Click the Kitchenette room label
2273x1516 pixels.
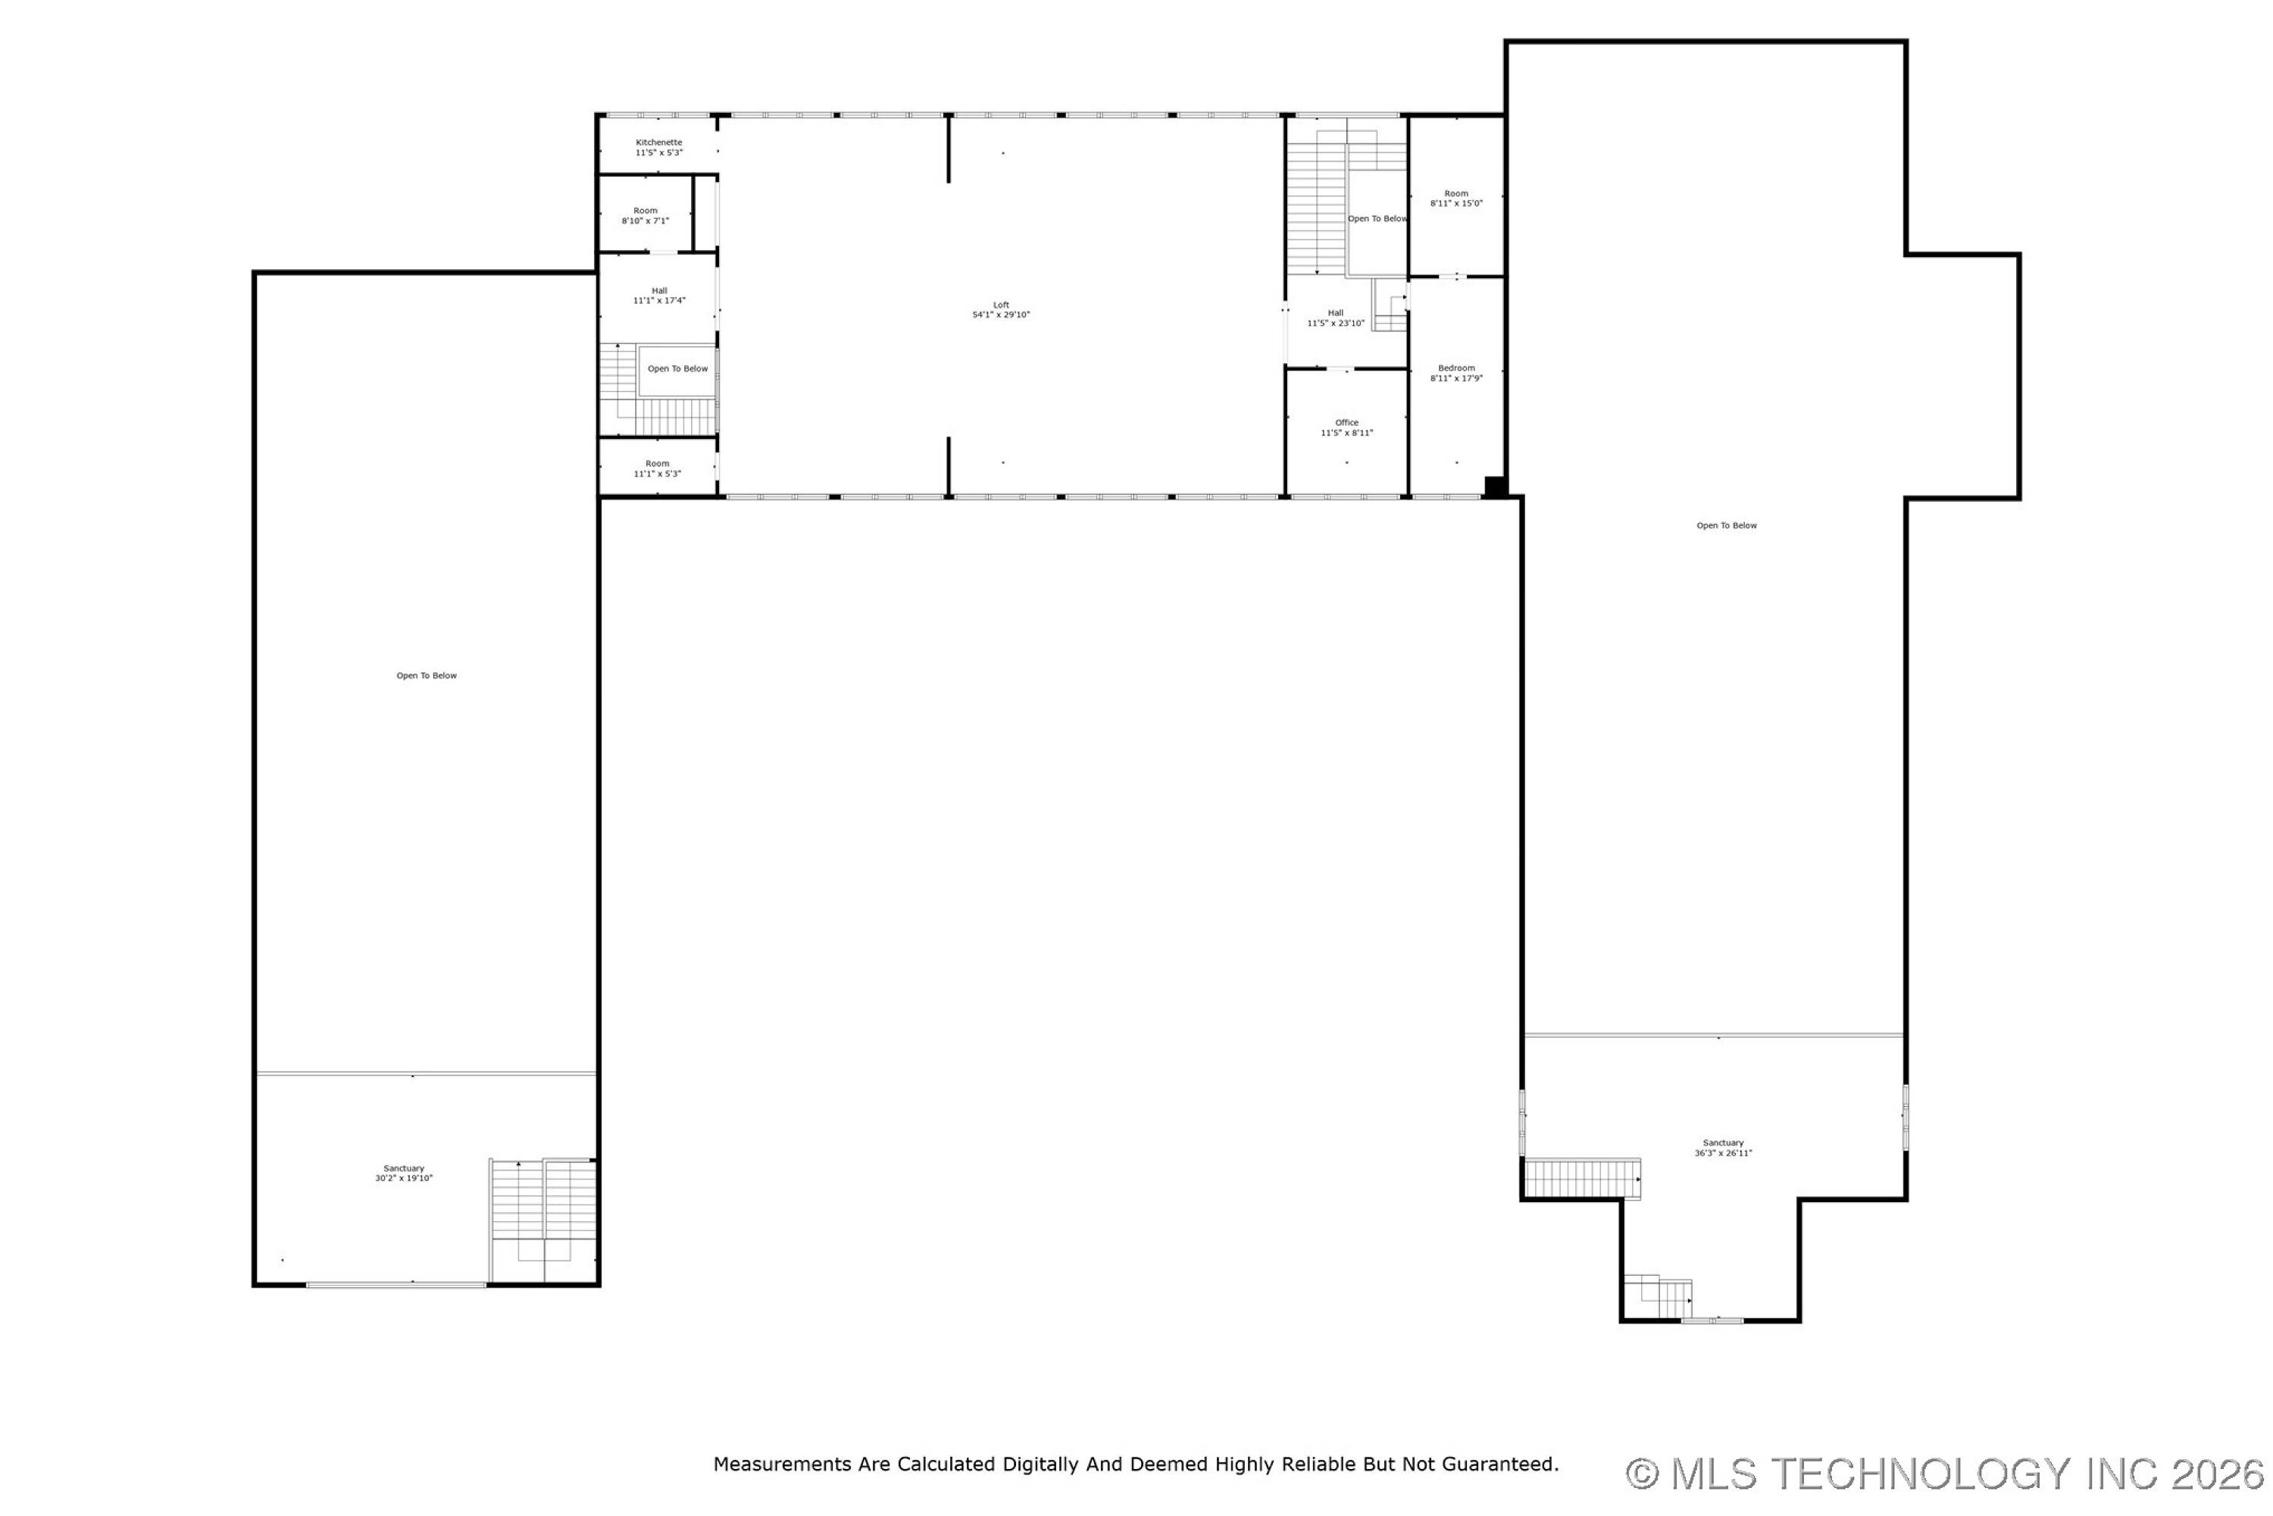(658, 143)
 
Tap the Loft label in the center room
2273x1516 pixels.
(1001, 305)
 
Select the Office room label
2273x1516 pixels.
(1346, 422)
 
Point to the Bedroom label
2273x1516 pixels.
(1456, 368)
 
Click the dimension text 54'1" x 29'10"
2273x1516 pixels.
(1001, 315)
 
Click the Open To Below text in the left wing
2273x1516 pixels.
(426, 676)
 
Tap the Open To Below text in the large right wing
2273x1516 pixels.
(1727, 526)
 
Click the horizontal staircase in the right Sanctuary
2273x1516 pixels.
(1582, 1179)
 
